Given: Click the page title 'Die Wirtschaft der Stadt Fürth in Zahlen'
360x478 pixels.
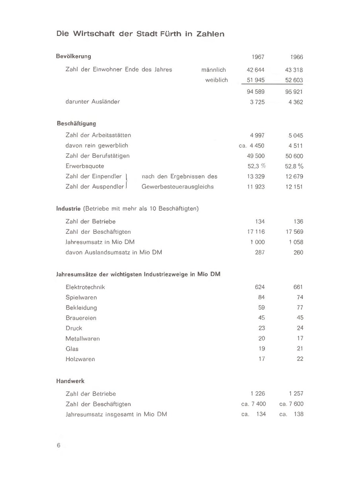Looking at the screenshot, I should (140, 34).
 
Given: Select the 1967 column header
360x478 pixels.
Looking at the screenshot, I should (258, 57).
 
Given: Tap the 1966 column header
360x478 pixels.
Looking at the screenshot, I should (297, 57).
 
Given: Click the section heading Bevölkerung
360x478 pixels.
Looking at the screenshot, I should (74, 56).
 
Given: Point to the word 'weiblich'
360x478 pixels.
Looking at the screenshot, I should (216, 80).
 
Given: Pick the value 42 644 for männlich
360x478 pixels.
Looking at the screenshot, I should (256, 70).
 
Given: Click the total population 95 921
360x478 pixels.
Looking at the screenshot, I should (294, 92).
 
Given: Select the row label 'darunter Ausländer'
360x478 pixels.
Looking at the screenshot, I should (92, 102).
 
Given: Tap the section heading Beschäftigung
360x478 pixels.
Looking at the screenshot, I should (76, 123).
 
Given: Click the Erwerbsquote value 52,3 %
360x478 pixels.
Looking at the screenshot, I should (256, 166).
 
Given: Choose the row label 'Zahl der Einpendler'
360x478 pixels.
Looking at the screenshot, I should (94, 176).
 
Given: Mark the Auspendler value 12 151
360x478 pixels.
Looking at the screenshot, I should (294, 187).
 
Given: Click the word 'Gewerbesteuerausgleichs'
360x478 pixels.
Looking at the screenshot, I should (178, 187).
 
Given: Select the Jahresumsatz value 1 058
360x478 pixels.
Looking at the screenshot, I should (295, 242).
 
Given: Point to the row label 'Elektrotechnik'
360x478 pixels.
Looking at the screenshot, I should (85, 287).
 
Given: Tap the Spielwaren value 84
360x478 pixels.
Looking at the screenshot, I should (261, 298).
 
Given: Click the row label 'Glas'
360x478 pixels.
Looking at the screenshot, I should (72, 349).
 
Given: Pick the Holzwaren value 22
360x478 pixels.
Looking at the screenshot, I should (300, 359).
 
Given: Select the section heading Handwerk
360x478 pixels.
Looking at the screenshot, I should (70, 381).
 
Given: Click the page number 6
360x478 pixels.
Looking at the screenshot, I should (59, 446).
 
